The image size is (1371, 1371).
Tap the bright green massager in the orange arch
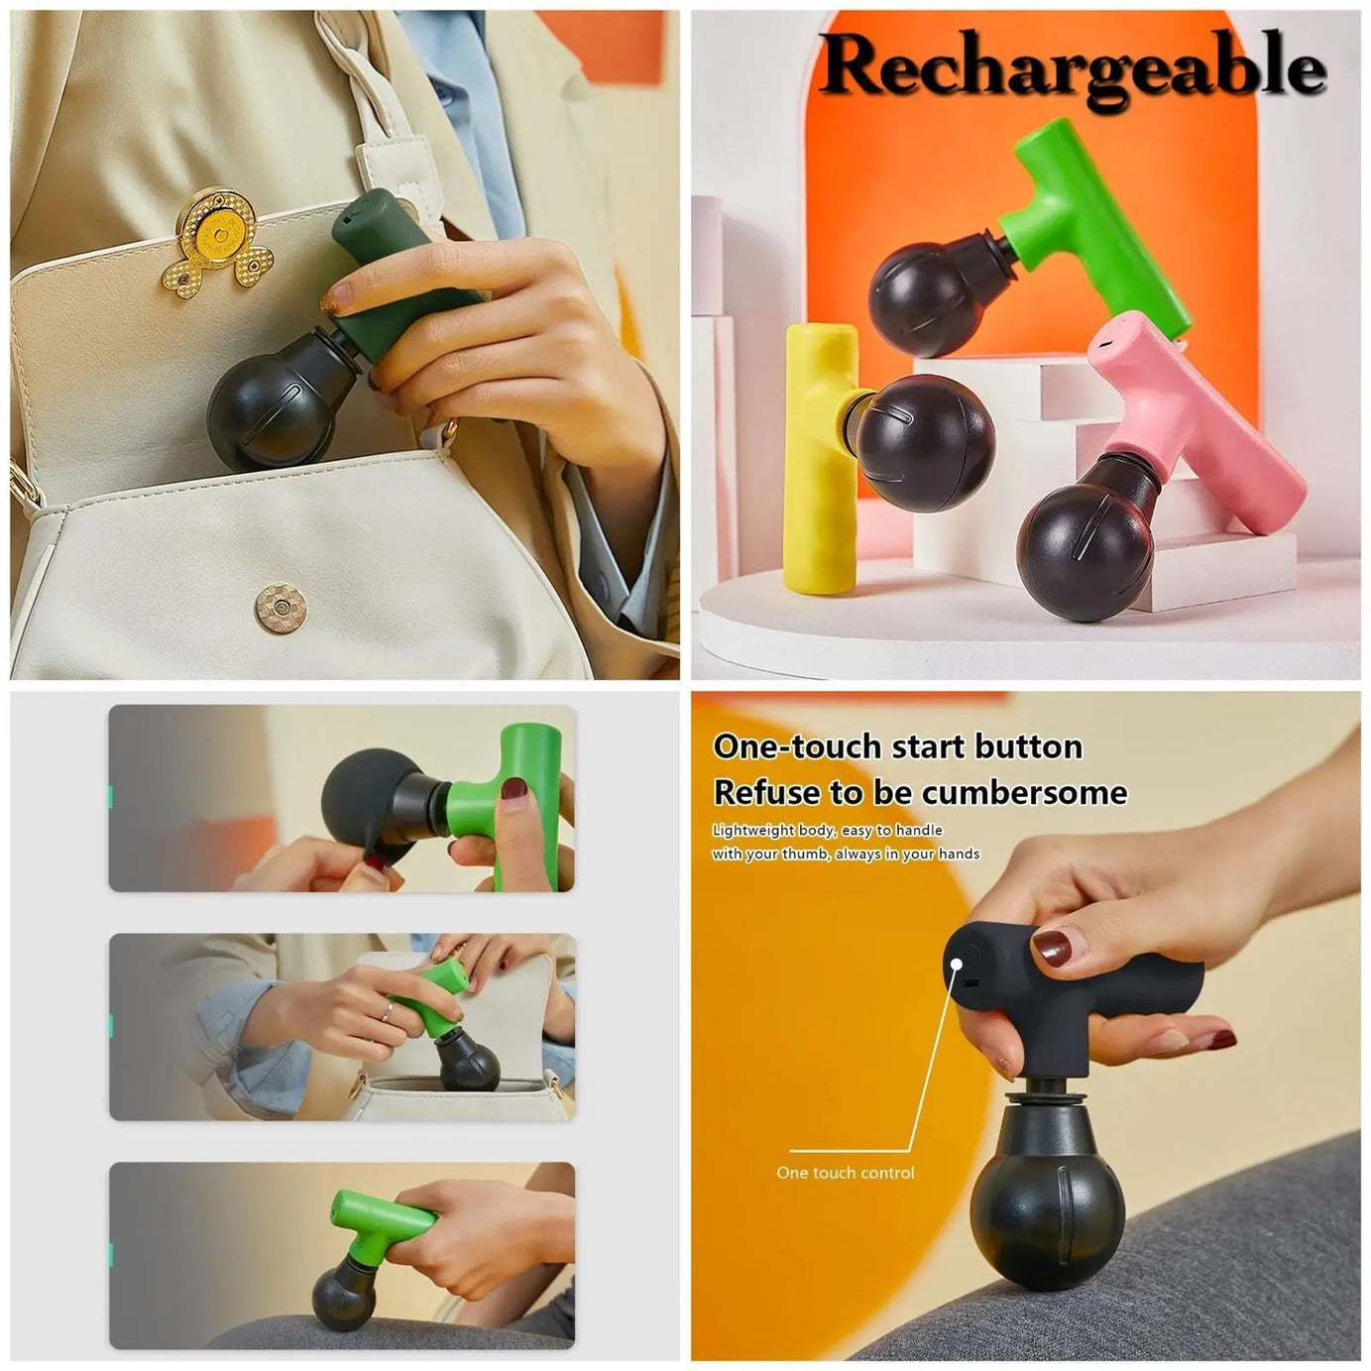(x=1090, y=218)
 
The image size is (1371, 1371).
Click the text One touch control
(x=845, y=1173)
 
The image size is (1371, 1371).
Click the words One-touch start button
(x=897, y=745)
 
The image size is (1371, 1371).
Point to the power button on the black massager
(x=957, y=962)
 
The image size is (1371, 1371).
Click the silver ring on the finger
(x=388, y=1010)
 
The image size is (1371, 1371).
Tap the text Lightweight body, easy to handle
(x=827, y=830)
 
